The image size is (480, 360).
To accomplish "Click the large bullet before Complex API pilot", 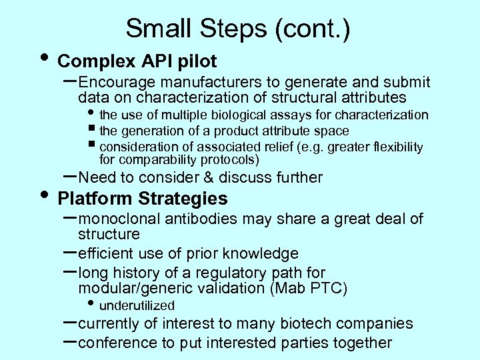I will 44,57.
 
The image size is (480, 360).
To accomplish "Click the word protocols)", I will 226,160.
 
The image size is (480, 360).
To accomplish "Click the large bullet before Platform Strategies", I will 44,195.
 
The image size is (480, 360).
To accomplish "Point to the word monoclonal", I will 119,219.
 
